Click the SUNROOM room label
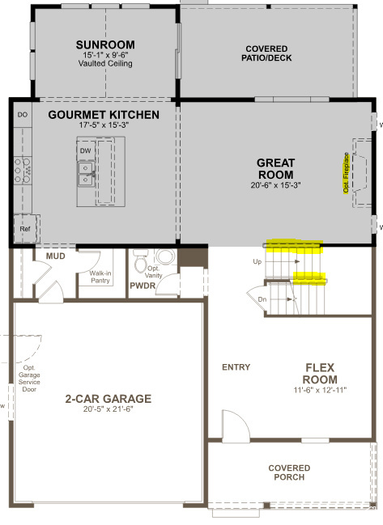(x=105, y=44)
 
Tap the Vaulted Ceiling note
(x=105, y=63)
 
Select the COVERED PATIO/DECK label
(x=266, y=53)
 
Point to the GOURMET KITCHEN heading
(x=104, y=115)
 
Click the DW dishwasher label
(x=85, y=150)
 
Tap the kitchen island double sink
(x=87, y=174)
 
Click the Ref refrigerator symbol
(x=25, y=229)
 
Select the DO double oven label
(x=23, y=115)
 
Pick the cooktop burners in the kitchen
(x=23, y=171)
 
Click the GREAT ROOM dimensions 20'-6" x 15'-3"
(x=275, y=185)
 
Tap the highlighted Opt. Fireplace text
(x=346, y=173)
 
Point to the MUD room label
(x=56, y=256)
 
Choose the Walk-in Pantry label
(x=100, y=277)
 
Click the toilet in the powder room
(x=140, y=260)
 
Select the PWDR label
(x=143, y=286)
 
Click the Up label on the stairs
(x=257, y=261)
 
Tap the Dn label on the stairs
(x=262, y=299)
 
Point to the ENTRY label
(x=236, y=367)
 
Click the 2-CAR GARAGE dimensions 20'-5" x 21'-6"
(x=109, y=409)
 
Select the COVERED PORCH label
(x=289, y=472)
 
